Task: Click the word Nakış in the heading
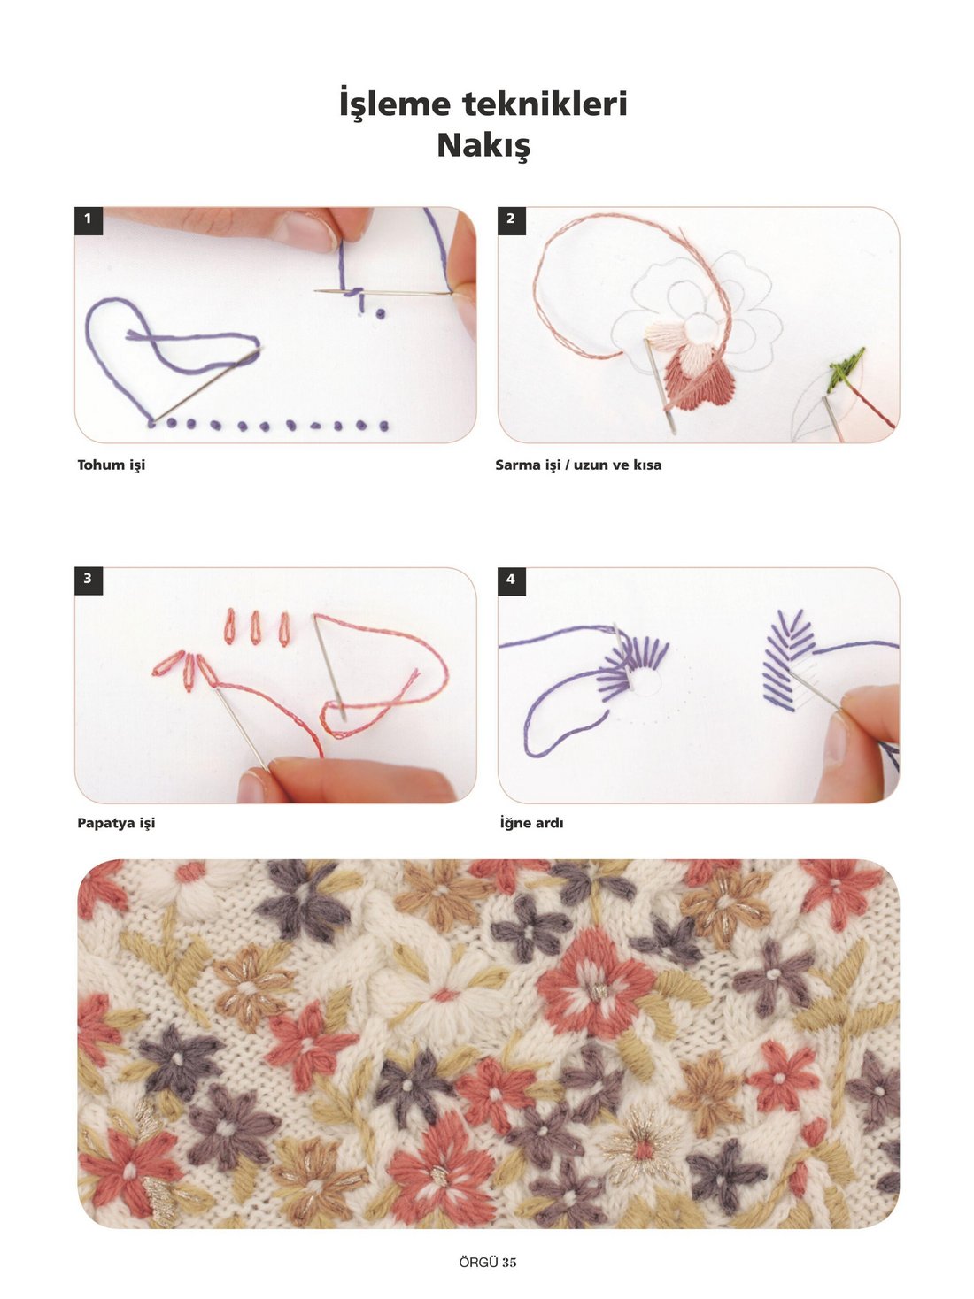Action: click(x=483, y=146)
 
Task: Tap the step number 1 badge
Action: click(x=89, y=220)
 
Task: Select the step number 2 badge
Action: click(x=511, y=220)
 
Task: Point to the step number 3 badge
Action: click(x=89, y=580)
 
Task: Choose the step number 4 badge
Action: click(x=511, y=580)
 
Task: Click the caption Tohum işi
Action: click(x=112, y=465)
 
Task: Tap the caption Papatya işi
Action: click(x=117, y=823)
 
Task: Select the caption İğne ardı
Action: click(x=531, y=822)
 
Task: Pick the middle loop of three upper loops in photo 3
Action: click(x=255, y=628)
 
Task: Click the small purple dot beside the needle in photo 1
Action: click(x=380, y=313)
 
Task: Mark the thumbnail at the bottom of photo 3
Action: click(x=251, y=788)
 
